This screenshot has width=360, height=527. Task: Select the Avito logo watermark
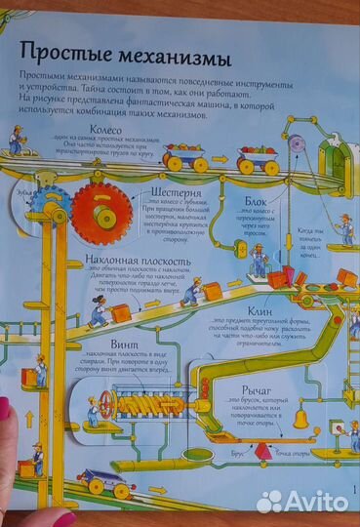[302, 502]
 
